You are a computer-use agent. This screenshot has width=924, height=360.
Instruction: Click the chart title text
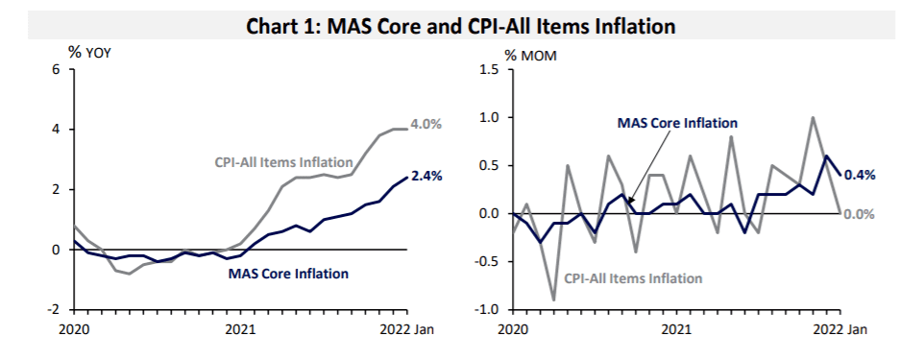[x=460, y=27]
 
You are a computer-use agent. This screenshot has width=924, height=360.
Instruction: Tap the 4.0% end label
[x=426, y=125]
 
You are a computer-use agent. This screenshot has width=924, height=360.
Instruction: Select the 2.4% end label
[x=426, y=176]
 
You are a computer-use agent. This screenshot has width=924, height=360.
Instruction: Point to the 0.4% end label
[x=860, y=175]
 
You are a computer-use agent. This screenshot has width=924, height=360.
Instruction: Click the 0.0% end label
[x=860, y=214]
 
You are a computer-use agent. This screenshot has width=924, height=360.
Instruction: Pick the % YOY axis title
[x=89, y=53]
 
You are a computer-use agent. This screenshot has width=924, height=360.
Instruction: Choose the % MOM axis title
[x=530, y=56]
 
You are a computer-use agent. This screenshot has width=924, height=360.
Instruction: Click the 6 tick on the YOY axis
[x=56, y=69]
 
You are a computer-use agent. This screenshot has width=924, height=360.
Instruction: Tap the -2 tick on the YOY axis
[x=53, y=310]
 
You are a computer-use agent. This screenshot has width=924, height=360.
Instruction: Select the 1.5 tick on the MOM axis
[x=489, y=70]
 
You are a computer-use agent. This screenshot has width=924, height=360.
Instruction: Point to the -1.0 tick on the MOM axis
[x=487, y=310]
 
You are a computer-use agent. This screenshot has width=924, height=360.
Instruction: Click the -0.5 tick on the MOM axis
[x=487, y=262]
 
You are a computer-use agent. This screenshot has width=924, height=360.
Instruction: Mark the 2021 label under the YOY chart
[x=240, y=329]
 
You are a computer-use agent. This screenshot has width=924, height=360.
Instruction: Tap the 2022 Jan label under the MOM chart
[x=839, y=329]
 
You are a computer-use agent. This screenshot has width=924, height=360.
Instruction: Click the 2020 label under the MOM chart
[x=513, y=329]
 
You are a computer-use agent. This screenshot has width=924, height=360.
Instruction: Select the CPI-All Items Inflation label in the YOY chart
[x=284, y=162]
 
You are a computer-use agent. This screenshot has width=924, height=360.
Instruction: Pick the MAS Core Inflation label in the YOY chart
[x=288, y=274]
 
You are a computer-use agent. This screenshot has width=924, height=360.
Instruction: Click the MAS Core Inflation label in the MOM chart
[x=677, y=123]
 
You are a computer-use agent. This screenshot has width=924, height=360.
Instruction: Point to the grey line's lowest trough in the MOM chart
[x=554, y=300]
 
